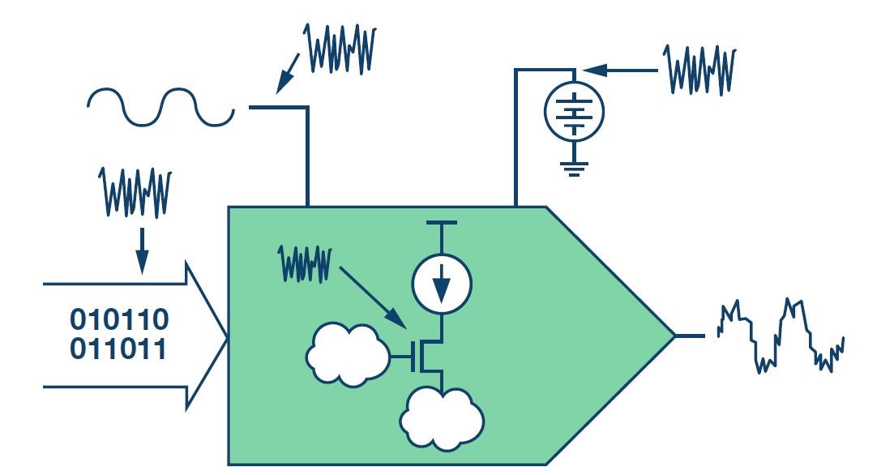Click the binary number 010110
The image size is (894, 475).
[x=118, y=319]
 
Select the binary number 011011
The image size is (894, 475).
[x=118, y=352]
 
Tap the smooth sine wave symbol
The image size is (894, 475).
[x=160, y=107]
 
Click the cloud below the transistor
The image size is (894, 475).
[x=442, y=417]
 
